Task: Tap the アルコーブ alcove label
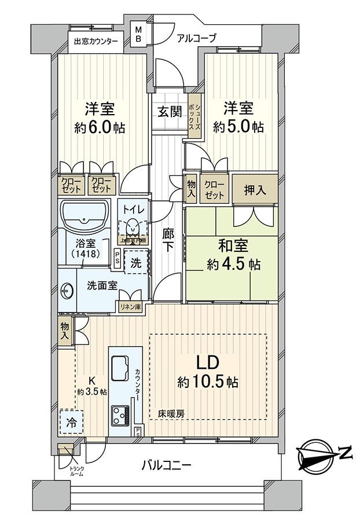coord(196,39)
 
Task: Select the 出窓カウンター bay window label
coord(95,42)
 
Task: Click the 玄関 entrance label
coord(168,111)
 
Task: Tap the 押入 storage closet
coord(255,190)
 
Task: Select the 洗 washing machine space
coord(135,262)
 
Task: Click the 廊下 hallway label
coord(167,239)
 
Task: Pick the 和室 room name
coord(234,245)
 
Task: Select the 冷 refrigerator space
coord(71,422)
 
